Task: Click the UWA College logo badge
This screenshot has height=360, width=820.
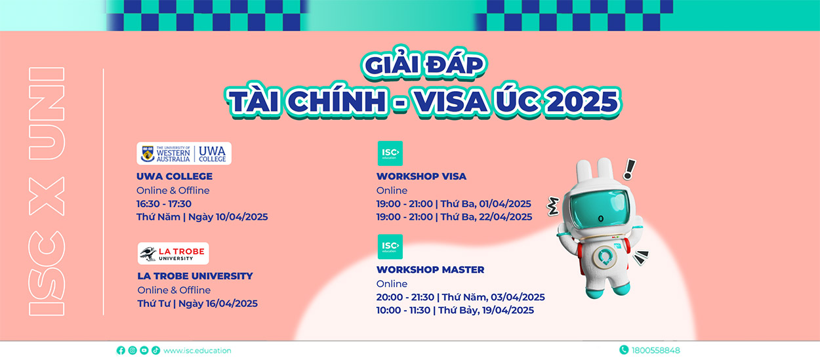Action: [x=184, y=153]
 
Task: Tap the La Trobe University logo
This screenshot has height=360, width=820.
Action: [x=173, y=253]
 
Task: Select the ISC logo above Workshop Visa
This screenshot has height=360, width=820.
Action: [x=390, y=153]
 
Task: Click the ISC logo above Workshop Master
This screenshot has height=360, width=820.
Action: [x=390, y=247]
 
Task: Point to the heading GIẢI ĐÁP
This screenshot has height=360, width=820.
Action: [x=424, y=65]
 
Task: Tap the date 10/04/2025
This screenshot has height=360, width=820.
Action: [x=241, y=217]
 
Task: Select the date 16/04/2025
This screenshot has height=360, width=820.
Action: [x=232, y=304]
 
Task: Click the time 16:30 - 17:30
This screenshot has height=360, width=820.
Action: [x=164, y=204]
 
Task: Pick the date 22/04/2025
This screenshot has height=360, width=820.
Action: [x=506, y=217]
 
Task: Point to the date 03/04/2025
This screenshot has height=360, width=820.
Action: [x=518, y=297]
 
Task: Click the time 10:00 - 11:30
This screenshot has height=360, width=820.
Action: [x=403, y=310]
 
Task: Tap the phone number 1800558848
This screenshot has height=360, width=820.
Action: [x=655, y=350]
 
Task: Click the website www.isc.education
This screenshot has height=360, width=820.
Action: [x=197, y=350]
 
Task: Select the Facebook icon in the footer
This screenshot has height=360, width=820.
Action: [x=121, y=350]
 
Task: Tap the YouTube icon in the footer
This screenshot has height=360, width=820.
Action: [x=144, y=350]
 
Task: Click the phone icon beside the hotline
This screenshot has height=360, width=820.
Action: [x=624, y=350]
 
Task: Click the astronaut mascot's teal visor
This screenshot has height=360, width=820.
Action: [x=600, y=209]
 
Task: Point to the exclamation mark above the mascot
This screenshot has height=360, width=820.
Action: [x=630, y=169]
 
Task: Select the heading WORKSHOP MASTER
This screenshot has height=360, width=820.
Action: [x=430, y=270]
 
